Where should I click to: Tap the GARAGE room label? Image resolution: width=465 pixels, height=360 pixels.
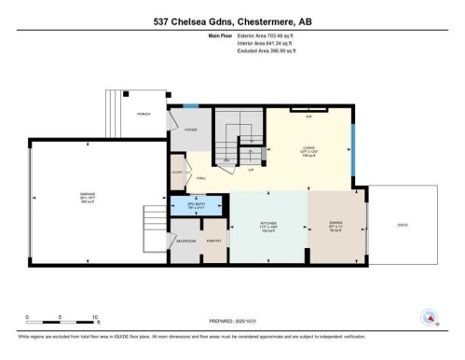[x=87, y=195]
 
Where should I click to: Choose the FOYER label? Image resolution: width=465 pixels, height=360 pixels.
[x=190, y=131]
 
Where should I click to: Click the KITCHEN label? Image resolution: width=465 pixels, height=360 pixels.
[x=268, y=225]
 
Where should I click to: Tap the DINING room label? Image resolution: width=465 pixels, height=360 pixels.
[x=336, y=225]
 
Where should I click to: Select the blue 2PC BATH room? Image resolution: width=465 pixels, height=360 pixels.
[x=196, y=205]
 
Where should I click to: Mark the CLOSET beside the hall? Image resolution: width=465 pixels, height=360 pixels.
[x=177, y=173]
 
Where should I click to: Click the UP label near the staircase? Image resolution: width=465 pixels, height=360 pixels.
[x=251, y=171]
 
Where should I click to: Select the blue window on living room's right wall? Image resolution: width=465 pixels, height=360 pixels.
[x=352, y=148]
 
